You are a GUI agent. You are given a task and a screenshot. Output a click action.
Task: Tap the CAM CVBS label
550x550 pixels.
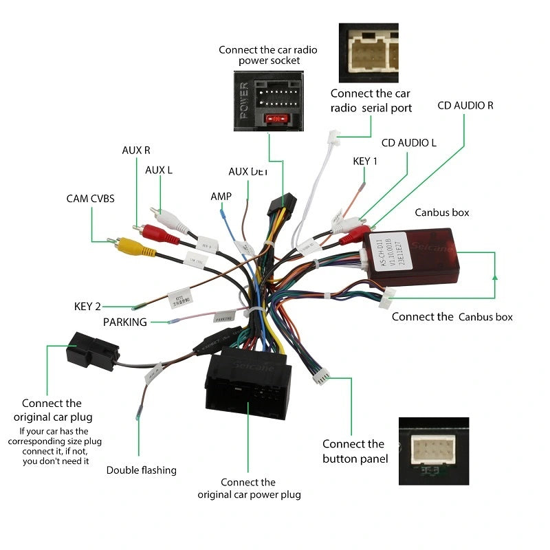point(90,199)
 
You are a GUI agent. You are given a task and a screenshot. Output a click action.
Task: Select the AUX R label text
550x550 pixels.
point(136,150)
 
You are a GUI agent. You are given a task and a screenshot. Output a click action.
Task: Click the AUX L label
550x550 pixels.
point(159,170)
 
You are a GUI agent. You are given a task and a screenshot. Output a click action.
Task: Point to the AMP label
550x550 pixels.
point(221,197)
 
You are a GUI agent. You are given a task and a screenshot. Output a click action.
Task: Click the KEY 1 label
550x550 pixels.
point(365,161)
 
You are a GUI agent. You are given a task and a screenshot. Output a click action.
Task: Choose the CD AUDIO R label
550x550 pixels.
point(465,106)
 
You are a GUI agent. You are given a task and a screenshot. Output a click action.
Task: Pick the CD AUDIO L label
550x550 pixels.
point(409,143)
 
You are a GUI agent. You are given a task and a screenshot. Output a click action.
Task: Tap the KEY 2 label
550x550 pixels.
point(87,306)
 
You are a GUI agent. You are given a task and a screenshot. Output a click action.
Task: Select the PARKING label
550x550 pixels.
point(125,322)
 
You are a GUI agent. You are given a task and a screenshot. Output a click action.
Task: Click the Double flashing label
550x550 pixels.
point(141,470)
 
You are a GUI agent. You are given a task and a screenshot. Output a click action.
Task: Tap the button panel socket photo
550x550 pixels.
point(433,451)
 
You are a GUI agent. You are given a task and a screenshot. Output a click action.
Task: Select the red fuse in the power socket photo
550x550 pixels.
point(275,119)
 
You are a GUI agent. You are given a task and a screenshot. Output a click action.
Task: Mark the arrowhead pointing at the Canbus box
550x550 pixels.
point(495,277)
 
